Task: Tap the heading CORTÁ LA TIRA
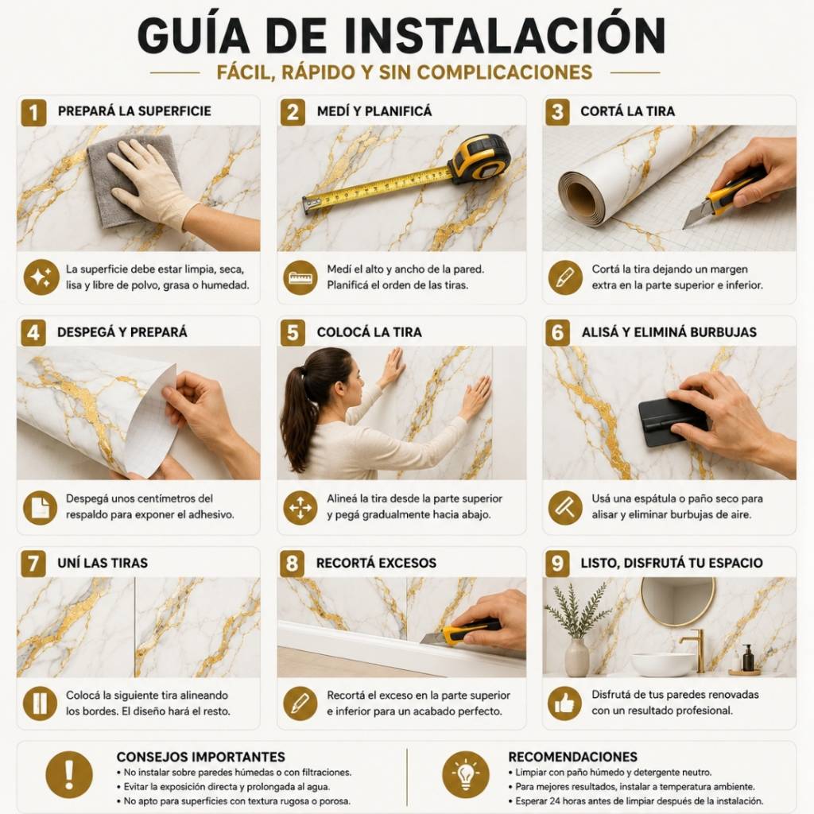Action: point(627,111)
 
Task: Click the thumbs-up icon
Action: point(565,704)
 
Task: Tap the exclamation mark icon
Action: point(69,774)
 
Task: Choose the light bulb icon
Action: point(466,774)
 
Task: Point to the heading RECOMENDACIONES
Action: point(572,757)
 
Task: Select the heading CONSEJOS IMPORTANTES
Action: point(201,757)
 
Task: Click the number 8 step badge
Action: point(293,564)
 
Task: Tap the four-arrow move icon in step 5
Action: point(300,507)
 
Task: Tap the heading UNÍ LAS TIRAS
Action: point(103,563)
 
